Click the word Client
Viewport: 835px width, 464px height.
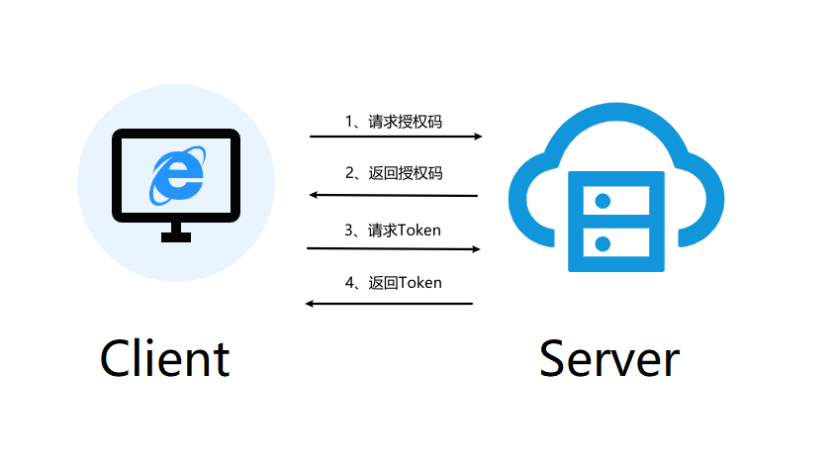coord(164,358)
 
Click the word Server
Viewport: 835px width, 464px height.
coord(608,358)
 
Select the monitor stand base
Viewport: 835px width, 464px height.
coord(176,237)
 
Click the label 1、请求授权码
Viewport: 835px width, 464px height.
coord(393,121)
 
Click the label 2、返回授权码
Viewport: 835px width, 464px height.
coord(393,173)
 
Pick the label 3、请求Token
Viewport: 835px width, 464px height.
coord(393,230)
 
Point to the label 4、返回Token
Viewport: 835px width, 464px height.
coord(393,283)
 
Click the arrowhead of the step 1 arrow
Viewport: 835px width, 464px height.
coord(478,137)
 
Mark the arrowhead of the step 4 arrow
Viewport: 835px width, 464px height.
coord(311,303)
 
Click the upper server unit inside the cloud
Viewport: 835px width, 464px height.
coord(608,201)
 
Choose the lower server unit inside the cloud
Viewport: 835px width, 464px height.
coord(608,241)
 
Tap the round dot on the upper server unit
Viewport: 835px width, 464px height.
coord(601,201)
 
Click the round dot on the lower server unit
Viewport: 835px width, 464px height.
coord(601,241)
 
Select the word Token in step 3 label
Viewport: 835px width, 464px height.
coord(418,230)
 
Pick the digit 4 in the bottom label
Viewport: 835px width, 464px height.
coord(349,283)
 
